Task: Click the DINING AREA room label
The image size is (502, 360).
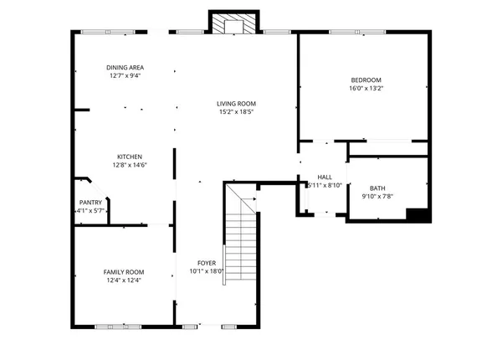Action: tap(124, 68)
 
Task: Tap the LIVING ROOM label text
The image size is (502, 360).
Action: tap(237, 103)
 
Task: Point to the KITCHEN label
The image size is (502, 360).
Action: tap(129, 157)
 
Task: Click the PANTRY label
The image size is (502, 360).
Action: tap(90, 203)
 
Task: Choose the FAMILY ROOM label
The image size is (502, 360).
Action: tap(123, 272)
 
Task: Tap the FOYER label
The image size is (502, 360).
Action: tap(206, 263)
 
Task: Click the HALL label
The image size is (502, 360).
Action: tap(325, 177)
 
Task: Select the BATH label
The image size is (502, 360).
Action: tap(377, 189)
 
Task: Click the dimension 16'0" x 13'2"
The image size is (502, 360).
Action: tap(366, 89)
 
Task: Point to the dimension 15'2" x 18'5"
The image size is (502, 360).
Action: tap(237, 111)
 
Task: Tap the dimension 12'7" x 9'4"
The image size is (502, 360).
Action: tap(124, 75)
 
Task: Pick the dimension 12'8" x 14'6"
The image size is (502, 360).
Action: tap(129, 165)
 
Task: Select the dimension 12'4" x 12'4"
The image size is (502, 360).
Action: tap(123, 280)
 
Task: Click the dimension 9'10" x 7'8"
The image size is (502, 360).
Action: tap(377, 198)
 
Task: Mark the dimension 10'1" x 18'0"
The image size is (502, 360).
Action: tap(206, 271)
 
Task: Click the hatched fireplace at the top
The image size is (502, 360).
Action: tap(228, 25)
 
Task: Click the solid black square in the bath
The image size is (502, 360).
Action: tap(417, 214)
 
